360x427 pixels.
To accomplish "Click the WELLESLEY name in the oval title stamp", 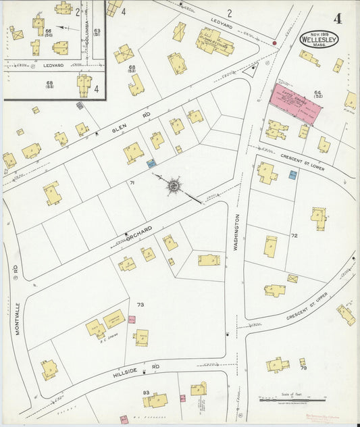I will point(319,39).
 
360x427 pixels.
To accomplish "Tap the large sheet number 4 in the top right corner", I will point(337,18).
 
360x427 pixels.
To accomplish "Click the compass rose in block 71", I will point(174,184).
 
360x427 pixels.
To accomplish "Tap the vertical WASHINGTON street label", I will point(237,233).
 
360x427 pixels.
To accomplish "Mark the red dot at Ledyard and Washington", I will point(274,43).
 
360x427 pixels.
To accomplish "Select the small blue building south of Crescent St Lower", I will point(292,174).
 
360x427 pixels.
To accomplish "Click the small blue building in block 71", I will point(151,163).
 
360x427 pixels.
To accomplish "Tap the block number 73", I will point(140,305).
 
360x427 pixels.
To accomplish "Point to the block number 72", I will point(294,236).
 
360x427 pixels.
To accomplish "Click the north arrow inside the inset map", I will point(63,28).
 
